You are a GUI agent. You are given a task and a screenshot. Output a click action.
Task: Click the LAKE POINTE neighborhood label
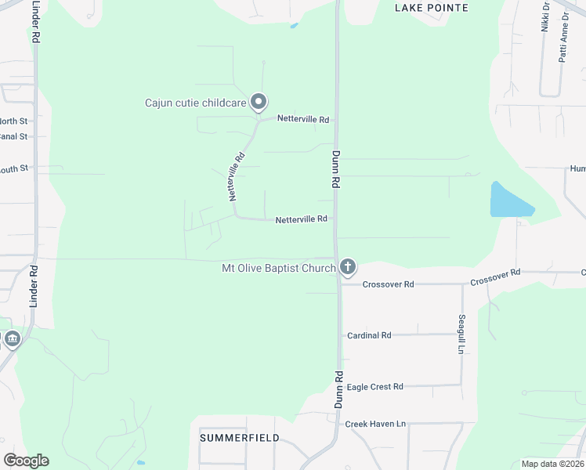[432, 8]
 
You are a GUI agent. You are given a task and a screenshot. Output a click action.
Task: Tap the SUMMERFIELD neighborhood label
[239, 437]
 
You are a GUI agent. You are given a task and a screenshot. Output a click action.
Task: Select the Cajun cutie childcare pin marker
[259, 103]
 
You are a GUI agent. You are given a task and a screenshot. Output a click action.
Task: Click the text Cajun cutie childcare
[195, 103]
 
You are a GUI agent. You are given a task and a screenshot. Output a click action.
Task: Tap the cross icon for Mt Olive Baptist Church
[348, 269]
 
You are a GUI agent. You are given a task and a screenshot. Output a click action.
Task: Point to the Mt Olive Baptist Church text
[279, 269]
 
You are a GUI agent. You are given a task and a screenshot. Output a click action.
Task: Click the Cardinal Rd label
[368, 335]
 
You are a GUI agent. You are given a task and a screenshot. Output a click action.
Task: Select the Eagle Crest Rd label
[374, 387]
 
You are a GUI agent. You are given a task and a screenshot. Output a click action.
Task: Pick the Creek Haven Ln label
[375, 424]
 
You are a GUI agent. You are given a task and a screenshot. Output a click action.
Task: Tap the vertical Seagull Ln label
[461, 334]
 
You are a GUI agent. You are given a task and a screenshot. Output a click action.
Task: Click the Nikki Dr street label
[545, 16]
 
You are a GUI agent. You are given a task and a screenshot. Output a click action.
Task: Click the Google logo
[26, 460]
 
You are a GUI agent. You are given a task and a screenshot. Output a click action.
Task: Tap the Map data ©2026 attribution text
[553, 464]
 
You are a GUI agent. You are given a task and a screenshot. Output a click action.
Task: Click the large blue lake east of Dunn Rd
[507, 201]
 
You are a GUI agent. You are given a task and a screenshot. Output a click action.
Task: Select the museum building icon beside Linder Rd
[12, 339]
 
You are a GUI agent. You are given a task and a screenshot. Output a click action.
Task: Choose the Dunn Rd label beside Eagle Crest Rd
[339, 389]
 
